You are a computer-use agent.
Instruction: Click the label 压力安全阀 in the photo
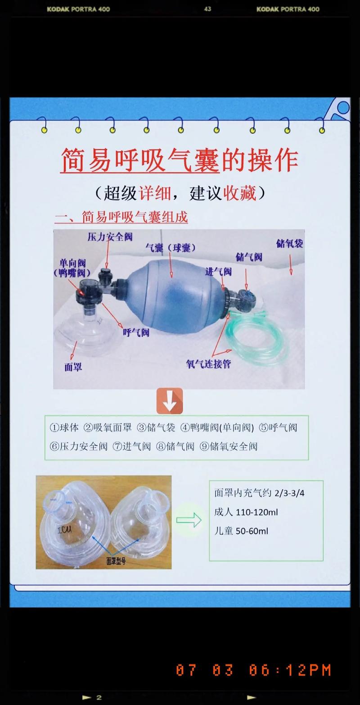[110, 237]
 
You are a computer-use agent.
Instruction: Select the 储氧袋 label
[289, 244]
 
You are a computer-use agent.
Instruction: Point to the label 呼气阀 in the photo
[136, 332]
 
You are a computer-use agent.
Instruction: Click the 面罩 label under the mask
[73, 367]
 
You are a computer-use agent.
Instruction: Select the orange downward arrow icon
[170, 401]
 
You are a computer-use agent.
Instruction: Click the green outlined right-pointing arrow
[189, 521]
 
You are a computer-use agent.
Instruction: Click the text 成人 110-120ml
[246, 512]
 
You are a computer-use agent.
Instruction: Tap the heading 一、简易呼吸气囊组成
[121, 218]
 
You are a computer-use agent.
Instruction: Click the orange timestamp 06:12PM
[290, 670]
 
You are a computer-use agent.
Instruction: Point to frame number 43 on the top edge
[207, 9]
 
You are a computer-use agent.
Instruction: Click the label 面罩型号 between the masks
[116, 561]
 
